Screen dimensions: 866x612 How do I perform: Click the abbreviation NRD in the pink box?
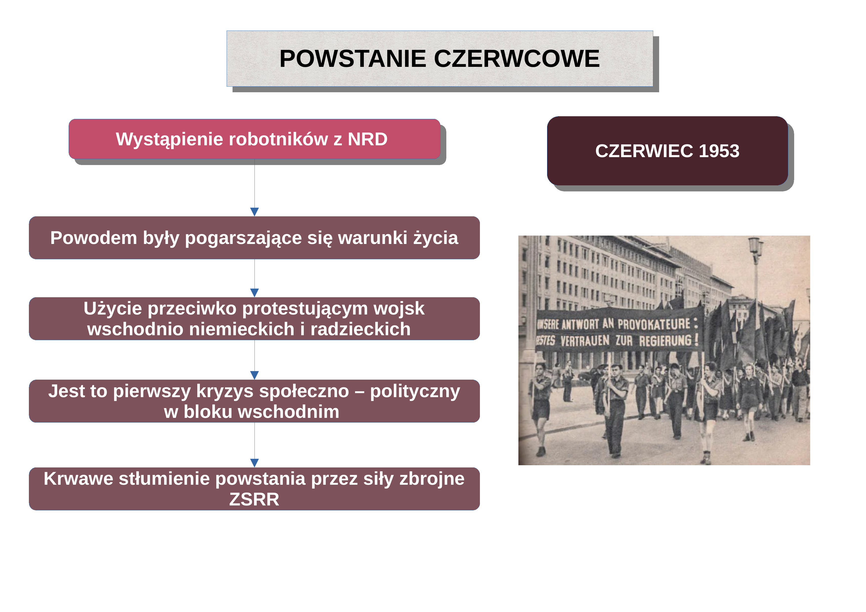tap(367, 139)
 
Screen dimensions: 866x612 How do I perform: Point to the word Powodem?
tap(94, 238)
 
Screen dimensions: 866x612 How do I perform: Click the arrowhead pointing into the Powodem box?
tap(255, 212)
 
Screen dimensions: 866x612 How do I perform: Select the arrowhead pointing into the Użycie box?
tap(255, 293)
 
